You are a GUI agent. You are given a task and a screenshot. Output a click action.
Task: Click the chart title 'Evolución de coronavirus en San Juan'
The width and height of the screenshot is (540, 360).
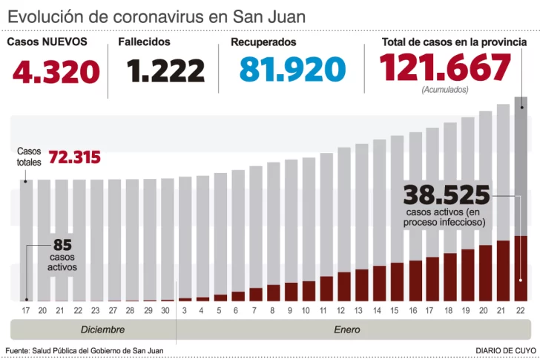(x=157, y=16)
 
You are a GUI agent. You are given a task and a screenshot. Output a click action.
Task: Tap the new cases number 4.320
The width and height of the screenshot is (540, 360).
(x=56, y=71)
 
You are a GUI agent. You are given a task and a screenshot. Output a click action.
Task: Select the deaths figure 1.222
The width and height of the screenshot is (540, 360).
(x=165, y=71)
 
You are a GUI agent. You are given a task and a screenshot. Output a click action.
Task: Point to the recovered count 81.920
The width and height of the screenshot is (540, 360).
(x=292, y=70)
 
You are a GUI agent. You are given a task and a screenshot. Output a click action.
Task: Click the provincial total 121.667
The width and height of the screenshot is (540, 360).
(x=445, y=68)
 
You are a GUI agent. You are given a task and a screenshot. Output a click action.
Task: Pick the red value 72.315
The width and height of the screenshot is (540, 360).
(x=74, y=157)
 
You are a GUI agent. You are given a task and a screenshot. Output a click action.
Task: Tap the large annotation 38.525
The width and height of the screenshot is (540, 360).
(x=447, y=195)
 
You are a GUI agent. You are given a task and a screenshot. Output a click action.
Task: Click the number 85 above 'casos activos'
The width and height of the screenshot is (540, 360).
(x=62, y=244)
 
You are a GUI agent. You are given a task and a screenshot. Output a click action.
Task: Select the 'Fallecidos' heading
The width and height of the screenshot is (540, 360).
(x=144, y=42)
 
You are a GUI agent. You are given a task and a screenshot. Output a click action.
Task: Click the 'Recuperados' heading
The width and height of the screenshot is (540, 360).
(x=263, y=42)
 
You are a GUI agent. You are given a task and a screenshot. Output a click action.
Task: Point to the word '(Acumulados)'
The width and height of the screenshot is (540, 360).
(x=444, y=89)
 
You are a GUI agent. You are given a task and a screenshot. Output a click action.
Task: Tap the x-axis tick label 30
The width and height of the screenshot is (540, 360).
(x=167, y=311)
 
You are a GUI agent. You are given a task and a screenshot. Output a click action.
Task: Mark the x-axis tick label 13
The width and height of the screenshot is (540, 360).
(x=361, y=311)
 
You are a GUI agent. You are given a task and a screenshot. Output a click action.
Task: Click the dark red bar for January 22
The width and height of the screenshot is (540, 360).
(x=521, y=268)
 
